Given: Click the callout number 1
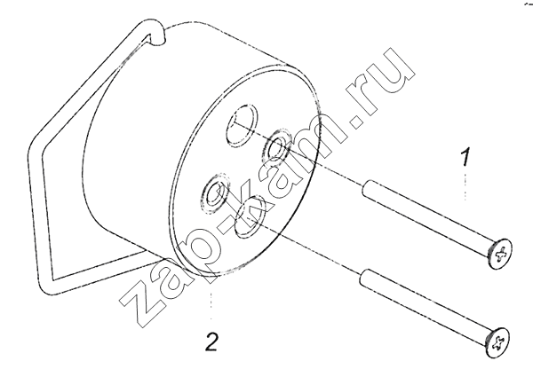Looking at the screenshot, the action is click(x=465, y=156).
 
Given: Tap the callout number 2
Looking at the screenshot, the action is click(x=211, y=342).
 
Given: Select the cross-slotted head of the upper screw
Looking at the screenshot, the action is click(x=500, y=254).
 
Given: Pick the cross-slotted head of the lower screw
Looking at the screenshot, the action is click(x=497, y=342).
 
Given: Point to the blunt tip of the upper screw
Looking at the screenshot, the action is click(x=366, y=189).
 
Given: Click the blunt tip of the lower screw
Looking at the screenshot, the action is click(x=363, y=277).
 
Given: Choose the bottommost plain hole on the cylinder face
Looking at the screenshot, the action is click(x=251, y=216).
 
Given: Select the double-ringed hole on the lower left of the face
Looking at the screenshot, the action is click(x=217, y=193).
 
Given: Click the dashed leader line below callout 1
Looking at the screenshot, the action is click(x=465, y=187).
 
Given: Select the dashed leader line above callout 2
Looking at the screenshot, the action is click(x=211, y=305).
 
